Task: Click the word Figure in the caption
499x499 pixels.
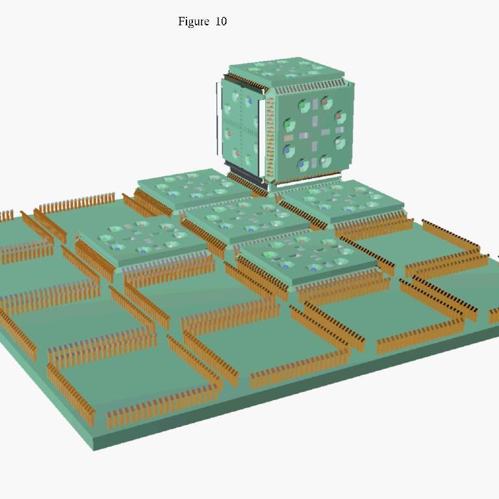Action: tap(194, 21)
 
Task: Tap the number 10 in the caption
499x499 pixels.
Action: tap(221, 21)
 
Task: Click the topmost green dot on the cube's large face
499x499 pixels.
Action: tap(303, 105)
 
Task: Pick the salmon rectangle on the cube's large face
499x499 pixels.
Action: tap(288, 138)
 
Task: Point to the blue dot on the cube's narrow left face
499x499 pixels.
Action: tap(250, 101)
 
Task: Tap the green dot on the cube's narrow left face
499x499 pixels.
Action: tap(250, 159)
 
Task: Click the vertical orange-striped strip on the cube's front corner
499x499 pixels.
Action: tap(270, 138)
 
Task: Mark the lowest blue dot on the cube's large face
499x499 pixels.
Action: tap(301, 164)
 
